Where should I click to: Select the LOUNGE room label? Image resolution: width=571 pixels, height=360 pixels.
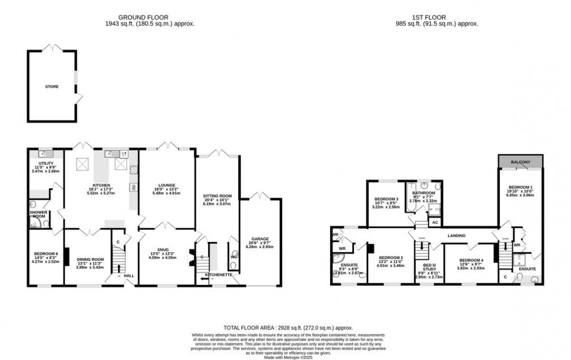click(166, 185)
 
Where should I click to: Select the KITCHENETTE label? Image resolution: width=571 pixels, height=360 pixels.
click(217, 275)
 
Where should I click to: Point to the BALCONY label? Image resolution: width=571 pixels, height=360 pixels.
click(520, 162)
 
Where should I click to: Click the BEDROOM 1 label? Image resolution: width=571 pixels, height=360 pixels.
click(521, 187)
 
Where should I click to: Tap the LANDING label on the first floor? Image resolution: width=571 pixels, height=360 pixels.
click(456, 236)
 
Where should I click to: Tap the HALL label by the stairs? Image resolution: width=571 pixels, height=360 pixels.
click(129, 275)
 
